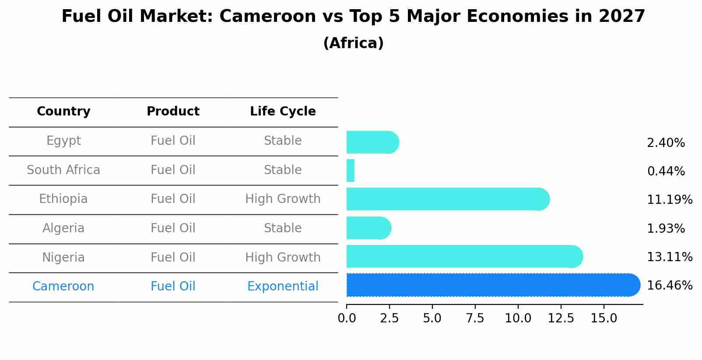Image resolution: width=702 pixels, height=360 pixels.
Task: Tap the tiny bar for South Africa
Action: click(351, 171)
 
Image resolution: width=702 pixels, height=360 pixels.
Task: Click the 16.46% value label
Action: click(669, 286)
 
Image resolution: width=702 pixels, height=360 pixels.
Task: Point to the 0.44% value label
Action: click(666, 171)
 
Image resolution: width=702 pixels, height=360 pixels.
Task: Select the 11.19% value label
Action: click(669, 200)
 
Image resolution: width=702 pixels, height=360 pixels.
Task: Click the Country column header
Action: click(63, 112)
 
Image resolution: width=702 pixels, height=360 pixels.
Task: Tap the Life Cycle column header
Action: click(283, 112)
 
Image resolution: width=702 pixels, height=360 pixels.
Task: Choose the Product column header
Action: click(173, 112)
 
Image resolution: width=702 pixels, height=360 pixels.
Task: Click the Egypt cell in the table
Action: click(63, 141)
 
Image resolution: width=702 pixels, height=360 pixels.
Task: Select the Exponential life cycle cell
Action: click(283, 287)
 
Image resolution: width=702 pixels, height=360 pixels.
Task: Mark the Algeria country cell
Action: click(63, 228)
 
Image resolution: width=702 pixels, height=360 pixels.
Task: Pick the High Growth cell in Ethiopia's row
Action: click(283, 199)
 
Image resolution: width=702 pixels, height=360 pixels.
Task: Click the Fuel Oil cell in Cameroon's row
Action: click(173, 287)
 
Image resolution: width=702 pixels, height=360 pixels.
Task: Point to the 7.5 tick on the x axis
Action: click(475, 318)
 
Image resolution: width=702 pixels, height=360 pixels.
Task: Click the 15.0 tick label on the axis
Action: click(604, 318)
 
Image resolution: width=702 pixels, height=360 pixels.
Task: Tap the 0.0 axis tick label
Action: click(347, 318)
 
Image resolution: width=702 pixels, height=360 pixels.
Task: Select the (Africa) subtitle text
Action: click(353, 43)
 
